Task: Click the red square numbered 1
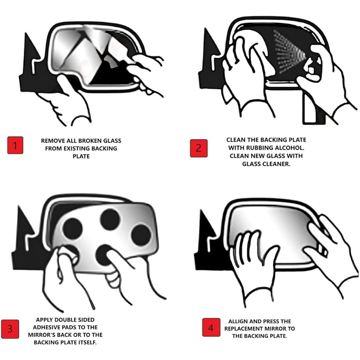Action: coord(15,145)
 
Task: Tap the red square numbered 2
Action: coord(199,148)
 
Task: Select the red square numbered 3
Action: coord(10,329)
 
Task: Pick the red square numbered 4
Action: coord(211,327)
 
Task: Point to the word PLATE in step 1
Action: coord(81,156)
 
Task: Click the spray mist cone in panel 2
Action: coord(290,53)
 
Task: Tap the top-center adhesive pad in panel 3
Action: coord(110,219)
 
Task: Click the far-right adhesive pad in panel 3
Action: coord(141,235)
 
